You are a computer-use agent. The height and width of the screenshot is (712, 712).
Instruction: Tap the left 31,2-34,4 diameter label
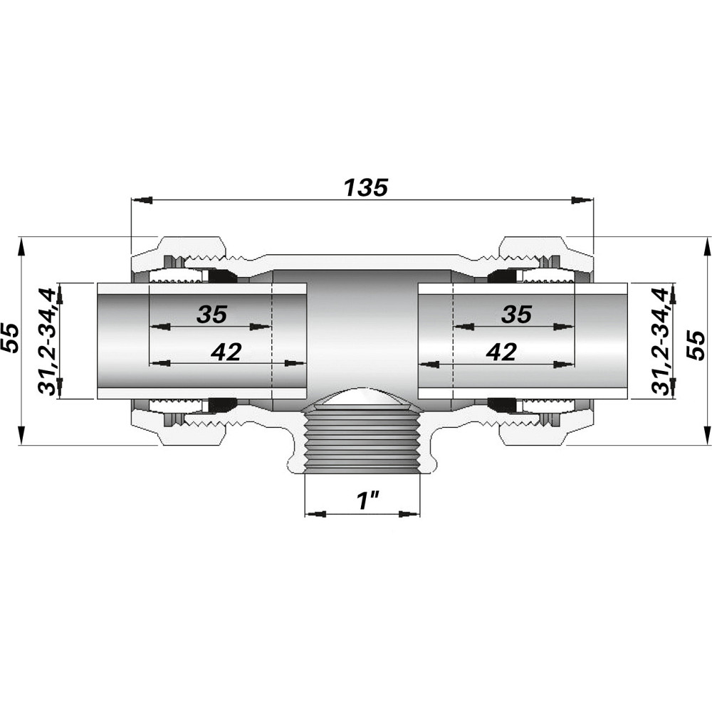point(47,341)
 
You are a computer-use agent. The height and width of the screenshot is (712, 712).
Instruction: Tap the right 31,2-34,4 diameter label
point(660,341)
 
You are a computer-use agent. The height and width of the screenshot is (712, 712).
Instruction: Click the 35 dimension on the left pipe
point(211,314)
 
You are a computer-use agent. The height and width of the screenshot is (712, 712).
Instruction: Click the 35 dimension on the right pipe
point(516,314)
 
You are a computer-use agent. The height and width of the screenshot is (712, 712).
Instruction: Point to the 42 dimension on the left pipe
point(226,351)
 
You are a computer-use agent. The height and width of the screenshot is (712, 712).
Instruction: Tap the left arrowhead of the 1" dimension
point(315,514)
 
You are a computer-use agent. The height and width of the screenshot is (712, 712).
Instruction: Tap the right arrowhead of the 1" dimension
point(410,514)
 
